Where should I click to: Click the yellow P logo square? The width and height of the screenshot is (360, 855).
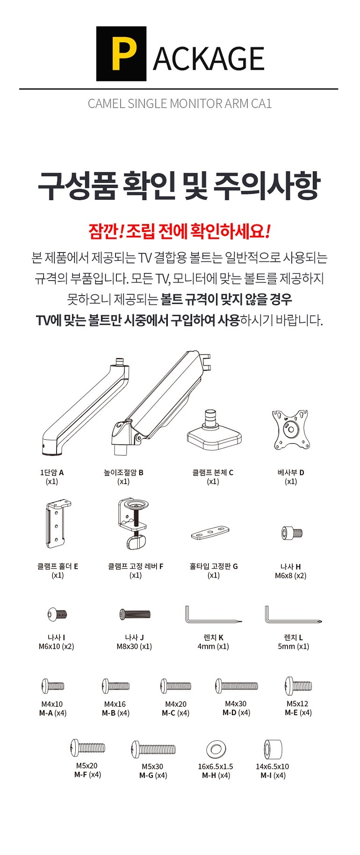click(x=121, y=54)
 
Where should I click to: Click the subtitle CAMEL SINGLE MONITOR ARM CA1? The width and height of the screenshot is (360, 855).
click(x=180, y=103)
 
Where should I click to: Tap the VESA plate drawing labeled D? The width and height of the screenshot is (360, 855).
click(x=291, y=429)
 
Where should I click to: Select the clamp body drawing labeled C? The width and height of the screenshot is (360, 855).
click(x=214, y=430)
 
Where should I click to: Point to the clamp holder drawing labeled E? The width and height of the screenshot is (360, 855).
click(x=58, y=523)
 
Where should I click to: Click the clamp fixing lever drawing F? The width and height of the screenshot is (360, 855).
click(x=134, y=523)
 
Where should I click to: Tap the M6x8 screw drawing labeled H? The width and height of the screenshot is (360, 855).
click(x=292, y=533)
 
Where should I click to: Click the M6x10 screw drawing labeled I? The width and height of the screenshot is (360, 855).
click(x=57, y=614)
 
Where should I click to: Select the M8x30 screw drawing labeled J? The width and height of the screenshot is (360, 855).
click(x=135, y=614)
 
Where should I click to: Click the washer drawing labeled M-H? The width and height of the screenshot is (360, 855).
click(x=216, y=749)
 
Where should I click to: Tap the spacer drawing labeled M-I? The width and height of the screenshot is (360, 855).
click(x=273, y=749)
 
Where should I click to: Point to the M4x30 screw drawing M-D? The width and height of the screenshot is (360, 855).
click(x=236, y=686)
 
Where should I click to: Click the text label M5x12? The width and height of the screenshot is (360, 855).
click(x=297, y=703)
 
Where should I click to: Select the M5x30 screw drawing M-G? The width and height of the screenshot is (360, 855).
click(x=153, y=749)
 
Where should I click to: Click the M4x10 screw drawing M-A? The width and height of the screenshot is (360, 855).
click(x=53, y=686)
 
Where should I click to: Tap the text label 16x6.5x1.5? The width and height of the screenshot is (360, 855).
click(x=216, y=767)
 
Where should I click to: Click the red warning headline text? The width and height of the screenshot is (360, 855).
click(x=179, y=231)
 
